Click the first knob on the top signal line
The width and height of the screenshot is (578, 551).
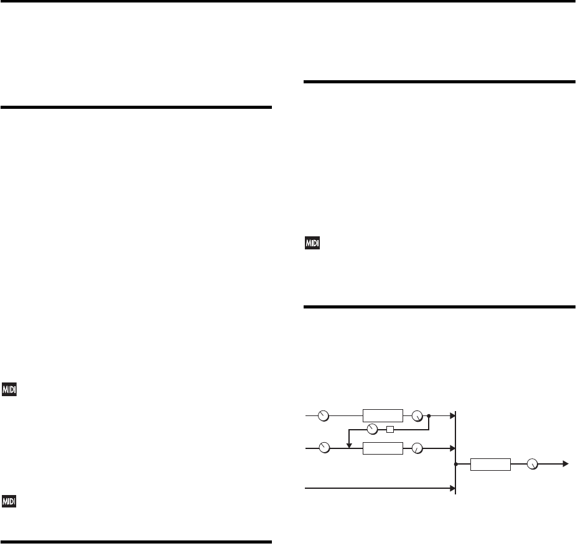coord(323,415)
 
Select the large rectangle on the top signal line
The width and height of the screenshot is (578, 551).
coord(383,415)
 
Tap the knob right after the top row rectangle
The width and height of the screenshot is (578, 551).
coord(417,415)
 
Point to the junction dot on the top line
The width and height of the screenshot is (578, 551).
coord(429,415)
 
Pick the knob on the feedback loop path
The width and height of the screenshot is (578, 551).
coord(373,429)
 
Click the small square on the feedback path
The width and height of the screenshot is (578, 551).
coord(390,429)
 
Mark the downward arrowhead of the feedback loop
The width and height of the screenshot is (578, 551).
coord(349,444)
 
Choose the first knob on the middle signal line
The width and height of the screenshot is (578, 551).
coord(323,447)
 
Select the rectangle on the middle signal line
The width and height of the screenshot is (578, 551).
coord(383,447)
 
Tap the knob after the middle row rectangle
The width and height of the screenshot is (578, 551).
coord(417,447)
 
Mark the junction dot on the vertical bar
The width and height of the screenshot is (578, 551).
coord(456,464)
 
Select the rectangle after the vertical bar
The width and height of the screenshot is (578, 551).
coord(490,464)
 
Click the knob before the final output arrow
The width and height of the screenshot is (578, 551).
coord(532,464)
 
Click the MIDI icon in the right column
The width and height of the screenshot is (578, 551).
coord(312,244)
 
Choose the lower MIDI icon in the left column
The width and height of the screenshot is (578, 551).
coord(9,501)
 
